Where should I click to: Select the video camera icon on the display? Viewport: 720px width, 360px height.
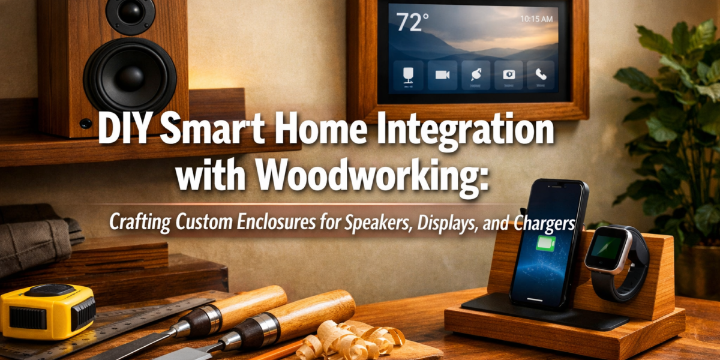point(443,74)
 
